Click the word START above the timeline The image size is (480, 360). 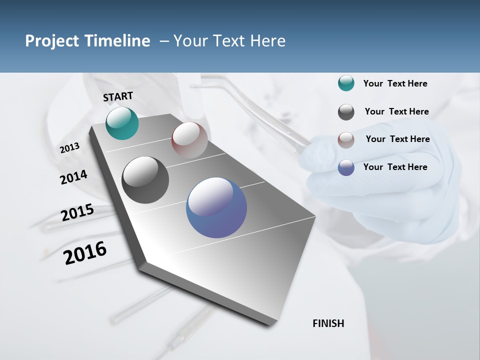point(118,96)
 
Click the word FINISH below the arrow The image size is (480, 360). point(328,323)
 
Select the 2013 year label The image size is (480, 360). point(69,148)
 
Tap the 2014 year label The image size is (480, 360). point(73,177)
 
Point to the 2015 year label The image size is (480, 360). point(77,212)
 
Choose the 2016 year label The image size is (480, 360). point(85,253)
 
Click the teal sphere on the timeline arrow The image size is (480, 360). point(122,123)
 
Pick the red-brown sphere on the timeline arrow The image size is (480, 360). point(189,140)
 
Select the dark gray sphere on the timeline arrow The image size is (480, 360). point(145,180)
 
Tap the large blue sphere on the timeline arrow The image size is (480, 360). point(216,207)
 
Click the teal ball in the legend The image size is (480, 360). point(346,83)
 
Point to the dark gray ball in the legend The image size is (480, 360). point(346,112)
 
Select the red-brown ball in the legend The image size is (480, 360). point(346,140)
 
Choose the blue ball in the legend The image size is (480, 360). point(346,167)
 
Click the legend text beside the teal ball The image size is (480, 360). point(395,83)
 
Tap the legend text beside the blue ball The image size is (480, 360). point(395,167)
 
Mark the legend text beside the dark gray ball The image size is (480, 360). point(396,111)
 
